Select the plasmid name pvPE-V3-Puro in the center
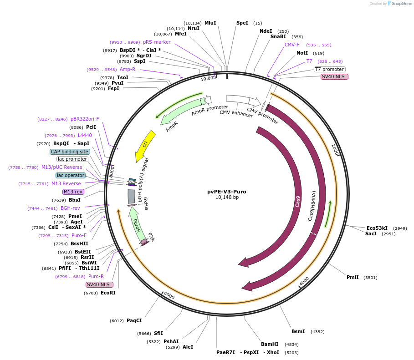point(226,192)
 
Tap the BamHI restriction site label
point(270,344)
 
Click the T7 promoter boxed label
point(329,69)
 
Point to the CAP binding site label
point(70,152)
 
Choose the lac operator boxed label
point(71,175)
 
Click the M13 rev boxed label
point(73,192)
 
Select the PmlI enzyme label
point(353,277)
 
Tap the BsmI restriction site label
point(298,331)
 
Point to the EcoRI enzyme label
point(108,293)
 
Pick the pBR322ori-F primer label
point(85,119)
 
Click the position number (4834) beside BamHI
point(291,345)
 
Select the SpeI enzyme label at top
point(242,23)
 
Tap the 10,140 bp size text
point(227,198)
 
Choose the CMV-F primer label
point(292,45)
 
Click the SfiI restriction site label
point(158,333)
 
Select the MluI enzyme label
point(210,23)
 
